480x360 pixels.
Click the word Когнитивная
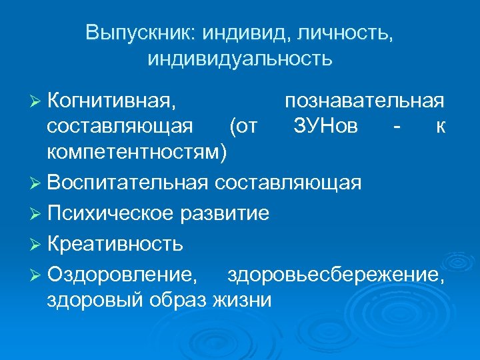coord(113,101)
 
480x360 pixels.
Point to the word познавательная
coord(365,101)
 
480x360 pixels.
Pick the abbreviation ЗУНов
coord(325,126)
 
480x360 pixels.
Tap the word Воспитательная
coord(129,183)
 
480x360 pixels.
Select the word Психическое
coord(110,213)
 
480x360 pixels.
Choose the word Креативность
coord(115,243)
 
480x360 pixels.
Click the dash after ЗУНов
coord(397,127)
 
